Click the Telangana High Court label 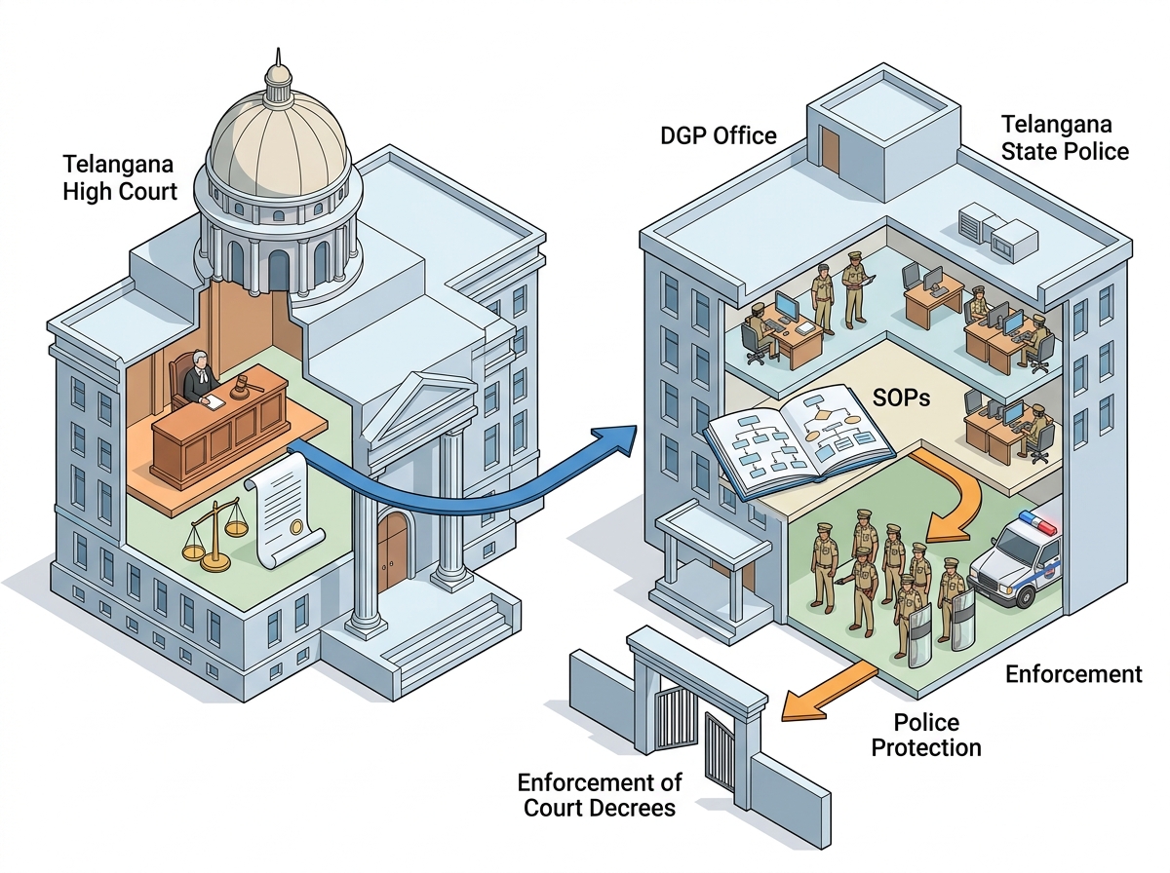pos(120,178)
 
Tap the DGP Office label pos(718,135)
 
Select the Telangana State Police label pos(1065,138)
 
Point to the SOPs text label pos(901,398)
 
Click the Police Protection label pos(926,735)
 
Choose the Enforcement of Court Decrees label pos(600,795)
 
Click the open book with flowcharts pos(799,441)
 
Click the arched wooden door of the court pos(393,550)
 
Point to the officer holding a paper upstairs pos(856,290)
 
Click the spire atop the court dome pos(278,59)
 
